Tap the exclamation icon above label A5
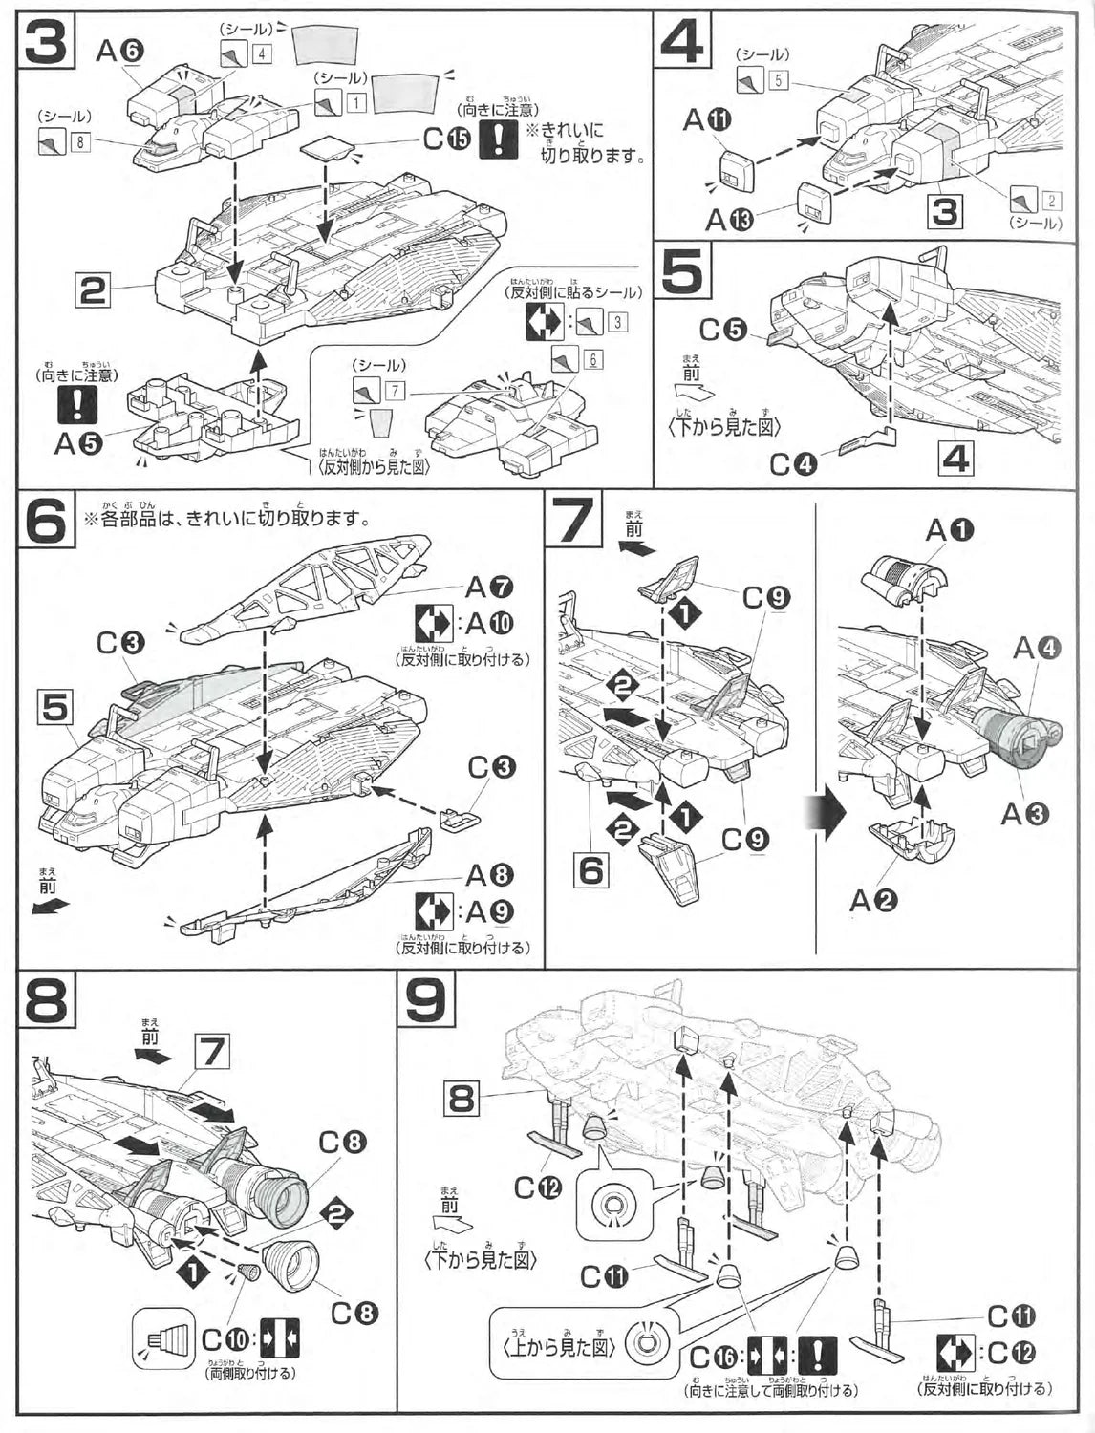pyautogui.click(x=76, y=405)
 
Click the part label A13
pyautogui.click(x=729, y=220)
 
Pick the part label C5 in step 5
pyautogui.click(x=722, y=330)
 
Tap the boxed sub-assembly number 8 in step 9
pyautogui.click(x=462, y=1101)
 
